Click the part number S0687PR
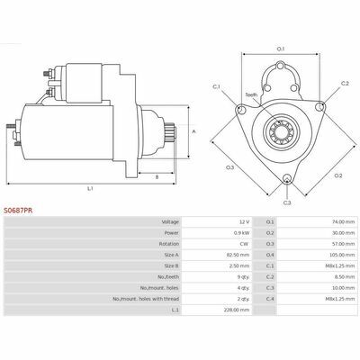[x=18, y=211]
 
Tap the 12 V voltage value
[x=244, y=222]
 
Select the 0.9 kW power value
[x=242, y=233]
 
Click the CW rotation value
[x=244, y=244]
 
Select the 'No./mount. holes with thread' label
[x=146, y=299]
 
